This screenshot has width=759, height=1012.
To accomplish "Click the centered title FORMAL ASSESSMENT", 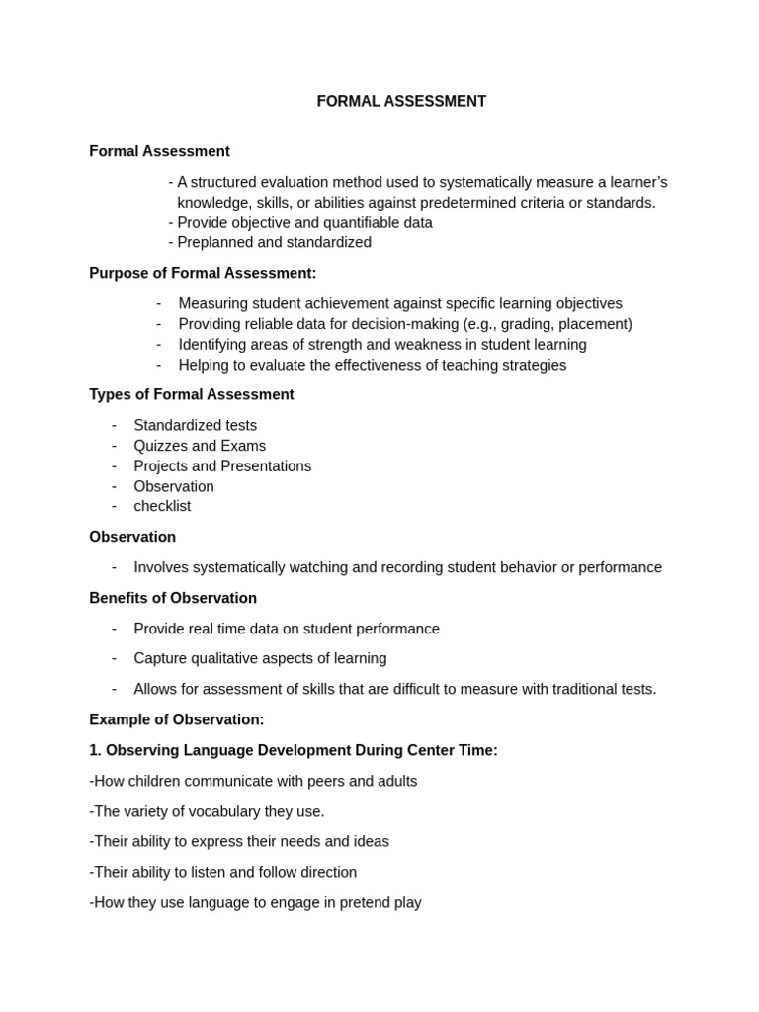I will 401,101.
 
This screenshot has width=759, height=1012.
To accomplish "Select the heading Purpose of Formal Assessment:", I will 203,273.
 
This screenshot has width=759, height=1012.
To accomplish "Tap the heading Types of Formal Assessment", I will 192,394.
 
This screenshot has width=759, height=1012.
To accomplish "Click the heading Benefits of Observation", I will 173,598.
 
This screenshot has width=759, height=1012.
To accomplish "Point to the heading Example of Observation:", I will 177,719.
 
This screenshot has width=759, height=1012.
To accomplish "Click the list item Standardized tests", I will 196,425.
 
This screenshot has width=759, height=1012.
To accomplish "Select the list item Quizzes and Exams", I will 200,446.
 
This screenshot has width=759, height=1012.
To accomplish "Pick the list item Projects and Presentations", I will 222,465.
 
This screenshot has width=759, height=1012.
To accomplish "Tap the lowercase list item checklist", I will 162,506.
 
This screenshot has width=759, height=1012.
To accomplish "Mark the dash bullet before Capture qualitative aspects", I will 114,658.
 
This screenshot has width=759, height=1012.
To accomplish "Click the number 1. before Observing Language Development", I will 95,750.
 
